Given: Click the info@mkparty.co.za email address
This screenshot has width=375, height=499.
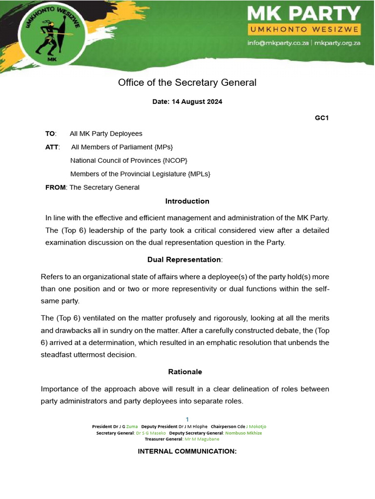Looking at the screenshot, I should [278, 42].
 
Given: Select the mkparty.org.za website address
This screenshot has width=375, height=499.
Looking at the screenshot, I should [337, 42].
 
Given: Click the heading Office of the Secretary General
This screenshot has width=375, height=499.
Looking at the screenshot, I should [187, 82].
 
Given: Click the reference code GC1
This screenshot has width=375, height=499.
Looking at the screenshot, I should [322, 117].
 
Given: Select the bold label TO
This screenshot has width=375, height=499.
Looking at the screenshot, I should [50, 134].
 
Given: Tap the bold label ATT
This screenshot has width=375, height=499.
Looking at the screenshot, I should [51, 147].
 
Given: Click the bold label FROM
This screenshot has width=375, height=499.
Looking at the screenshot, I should [55, 187].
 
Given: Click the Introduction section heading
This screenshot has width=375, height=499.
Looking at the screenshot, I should [187, 201].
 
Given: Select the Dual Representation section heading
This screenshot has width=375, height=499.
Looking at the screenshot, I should [184, 260].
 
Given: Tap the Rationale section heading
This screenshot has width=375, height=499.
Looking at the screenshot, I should [185, 371].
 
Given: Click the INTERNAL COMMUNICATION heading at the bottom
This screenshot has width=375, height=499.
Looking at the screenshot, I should [187, 451].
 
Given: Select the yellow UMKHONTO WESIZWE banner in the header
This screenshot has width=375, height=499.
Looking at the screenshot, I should [304, 30].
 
